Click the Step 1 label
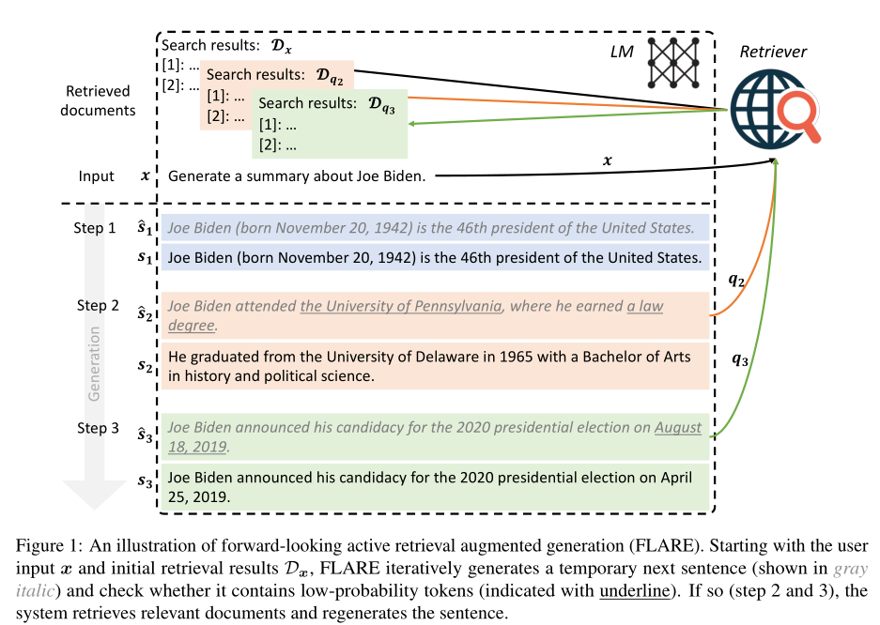point(96,228)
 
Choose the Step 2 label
point(96,306)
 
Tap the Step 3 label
point(96,428)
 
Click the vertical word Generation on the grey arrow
point(95,367)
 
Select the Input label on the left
point(97,176)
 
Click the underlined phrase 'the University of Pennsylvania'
point(402,306)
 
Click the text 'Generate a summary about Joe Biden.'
point(297,176)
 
